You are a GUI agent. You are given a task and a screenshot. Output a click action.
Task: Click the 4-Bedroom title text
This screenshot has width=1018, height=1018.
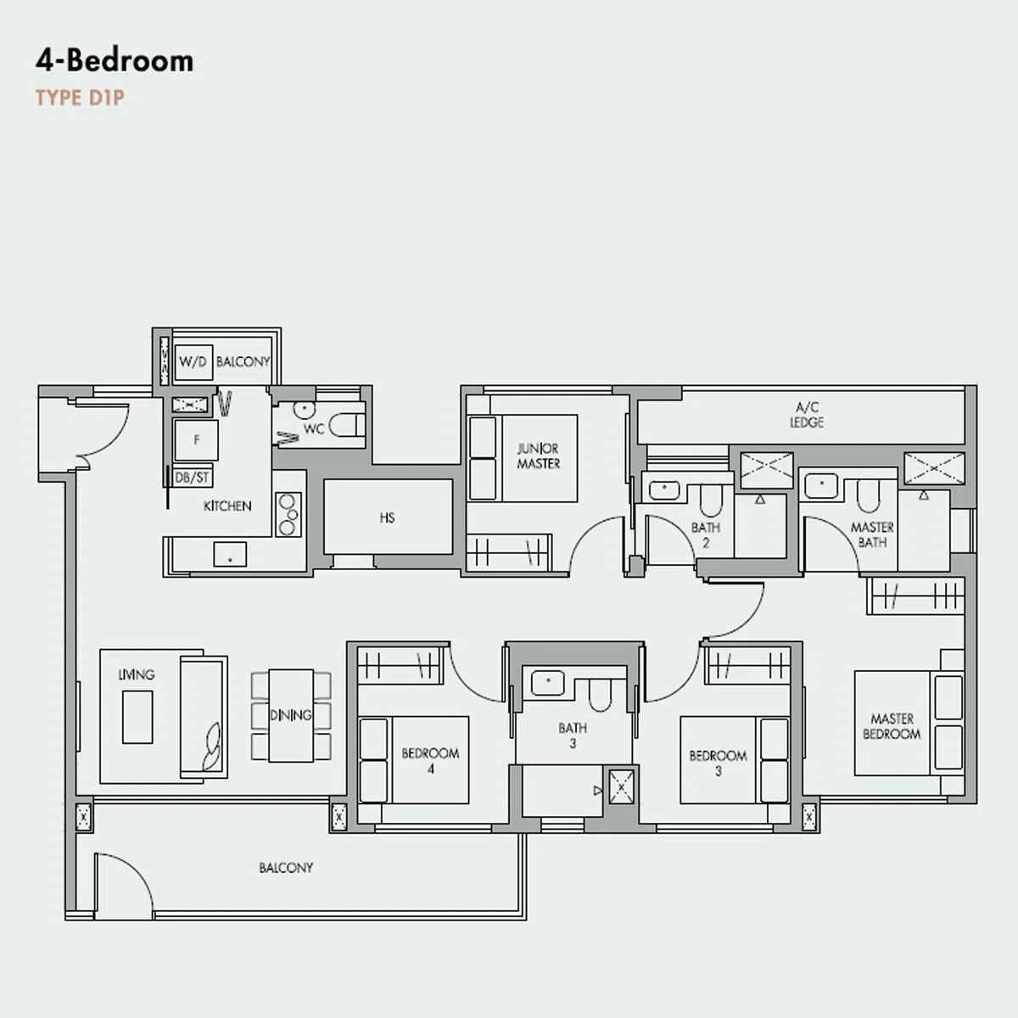point(115,61)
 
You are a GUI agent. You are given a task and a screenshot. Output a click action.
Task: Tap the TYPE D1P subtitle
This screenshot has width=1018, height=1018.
point(80,98)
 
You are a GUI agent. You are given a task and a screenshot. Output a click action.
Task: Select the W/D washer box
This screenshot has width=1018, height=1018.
point(193,362)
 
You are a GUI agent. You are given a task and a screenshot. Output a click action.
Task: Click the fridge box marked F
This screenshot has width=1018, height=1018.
point(197,440)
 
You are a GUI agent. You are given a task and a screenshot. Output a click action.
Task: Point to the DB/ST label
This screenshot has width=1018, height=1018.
point(192,478)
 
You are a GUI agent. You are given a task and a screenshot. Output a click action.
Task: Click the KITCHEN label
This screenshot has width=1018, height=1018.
point(227,506)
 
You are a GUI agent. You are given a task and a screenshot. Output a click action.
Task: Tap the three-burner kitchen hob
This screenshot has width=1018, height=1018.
point(288,515)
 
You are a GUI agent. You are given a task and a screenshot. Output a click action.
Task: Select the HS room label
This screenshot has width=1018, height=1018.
point(387,517)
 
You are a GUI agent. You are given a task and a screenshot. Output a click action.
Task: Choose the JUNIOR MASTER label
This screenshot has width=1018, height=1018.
point(539,456)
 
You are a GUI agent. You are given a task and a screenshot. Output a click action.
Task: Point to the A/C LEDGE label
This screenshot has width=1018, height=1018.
point(807,415)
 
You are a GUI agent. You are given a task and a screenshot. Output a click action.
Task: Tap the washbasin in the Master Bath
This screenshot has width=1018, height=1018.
point(820,487)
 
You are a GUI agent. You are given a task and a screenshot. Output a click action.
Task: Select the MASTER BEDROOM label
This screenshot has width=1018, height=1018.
point(892,726)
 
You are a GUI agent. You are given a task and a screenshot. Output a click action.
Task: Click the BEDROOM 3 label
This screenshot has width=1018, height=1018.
point(718,763)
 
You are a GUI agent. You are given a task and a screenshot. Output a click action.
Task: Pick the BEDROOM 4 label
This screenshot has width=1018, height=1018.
point(431,761)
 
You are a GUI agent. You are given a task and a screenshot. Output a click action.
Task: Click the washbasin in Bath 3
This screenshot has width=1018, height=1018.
point(548,683)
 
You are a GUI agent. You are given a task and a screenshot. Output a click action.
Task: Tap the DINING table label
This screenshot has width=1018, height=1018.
point(291,715)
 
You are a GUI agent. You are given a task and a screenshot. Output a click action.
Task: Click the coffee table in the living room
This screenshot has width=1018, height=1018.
point(137,717)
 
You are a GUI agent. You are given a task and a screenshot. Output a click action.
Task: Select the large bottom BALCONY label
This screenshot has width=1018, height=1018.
point(286,868)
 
